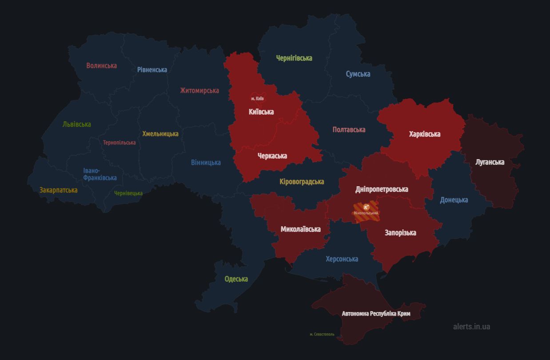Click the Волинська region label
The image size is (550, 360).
[x=101, y=65]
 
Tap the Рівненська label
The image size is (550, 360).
[x=152, y=70]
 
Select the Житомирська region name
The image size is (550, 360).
[x=199, y=90]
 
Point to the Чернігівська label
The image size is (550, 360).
[x=294, y=58]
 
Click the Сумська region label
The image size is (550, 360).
[x=358, y=74]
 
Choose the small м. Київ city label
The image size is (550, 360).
[x=257, y=98]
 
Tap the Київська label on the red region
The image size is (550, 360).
[x=261, y=112]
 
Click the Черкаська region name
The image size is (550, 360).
[x=272, y=156]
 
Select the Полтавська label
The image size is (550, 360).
[x=349, y=129]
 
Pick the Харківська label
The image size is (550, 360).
[x=424, y=134]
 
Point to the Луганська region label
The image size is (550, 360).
[x=490, y=162]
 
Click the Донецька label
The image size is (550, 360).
[x=454, y=200]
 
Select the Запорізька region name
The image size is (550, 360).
[x=400, y=232]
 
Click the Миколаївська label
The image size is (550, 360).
[x=300, y=229]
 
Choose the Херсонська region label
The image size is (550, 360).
[x=342, y=259]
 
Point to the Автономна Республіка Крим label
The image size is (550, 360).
[x=376, y=313]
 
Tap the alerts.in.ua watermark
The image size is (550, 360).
[x=471, y=326]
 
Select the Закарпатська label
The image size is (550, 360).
[x=58, y=190]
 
